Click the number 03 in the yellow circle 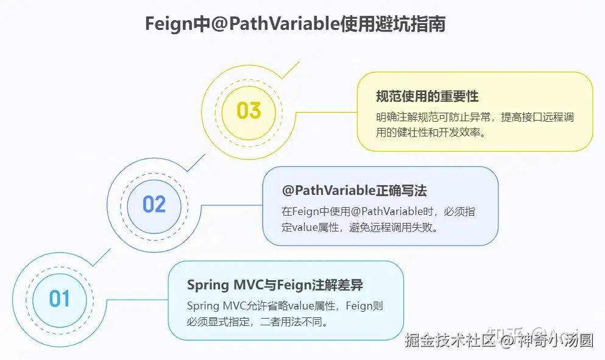[249, 111]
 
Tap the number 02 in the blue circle [154, 204]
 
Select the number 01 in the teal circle [60, 299]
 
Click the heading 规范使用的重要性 [427, 96]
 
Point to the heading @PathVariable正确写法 [355, 191]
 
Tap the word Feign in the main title [165, 24]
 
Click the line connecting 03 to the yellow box [319, 112]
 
